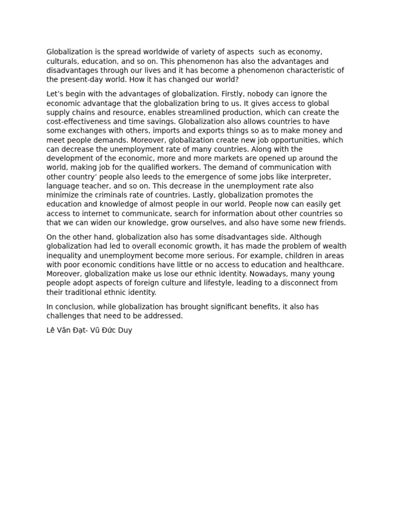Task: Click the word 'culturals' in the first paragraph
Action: [x=63, y=61]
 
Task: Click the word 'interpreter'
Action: [x=309, y=177]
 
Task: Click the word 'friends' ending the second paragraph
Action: [x=331, y=223]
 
